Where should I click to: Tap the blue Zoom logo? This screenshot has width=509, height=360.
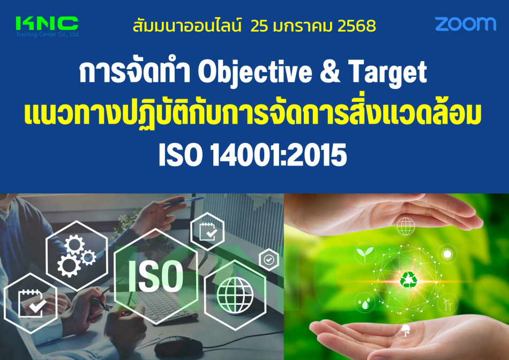click(465, 24)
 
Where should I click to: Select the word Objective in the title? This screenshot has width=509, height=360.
click(255, 73)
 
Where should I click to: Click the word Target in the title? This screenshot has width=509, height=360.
click(387, 73)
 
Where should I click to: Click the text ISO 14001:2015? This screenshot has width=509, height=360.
click(253, 155)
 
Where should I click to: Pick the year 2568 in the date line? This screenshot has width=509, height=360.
click(356, 26)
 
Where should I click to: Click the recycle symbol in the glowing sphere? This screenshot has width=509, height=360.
click(408, 280)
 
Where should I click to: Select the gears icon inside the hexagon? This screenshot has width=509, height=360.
click(77, 256)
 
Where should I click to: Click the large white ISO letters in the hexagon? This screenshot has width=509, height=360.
click(155, 276)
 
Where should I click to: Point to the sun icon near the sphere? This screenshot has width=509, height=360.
click(447, 254)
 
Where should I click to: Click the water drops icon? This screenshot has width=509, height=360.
click(365, 303)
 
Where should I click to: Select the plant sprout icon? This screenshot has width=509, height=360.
click(365, 253)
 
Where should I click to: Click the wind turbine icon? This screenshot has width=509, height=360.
click(447, 304)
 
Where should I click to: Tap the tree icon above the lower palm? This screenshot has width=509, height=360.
click(406, 330)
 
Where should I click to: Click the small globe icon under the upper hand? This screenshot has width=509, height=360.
click(406, 226)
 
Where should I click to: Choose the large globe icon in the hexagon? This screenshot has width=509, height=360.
click(235, 295)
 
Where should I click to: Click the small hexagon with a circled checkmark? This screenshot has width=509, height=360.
click(269, 259)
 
